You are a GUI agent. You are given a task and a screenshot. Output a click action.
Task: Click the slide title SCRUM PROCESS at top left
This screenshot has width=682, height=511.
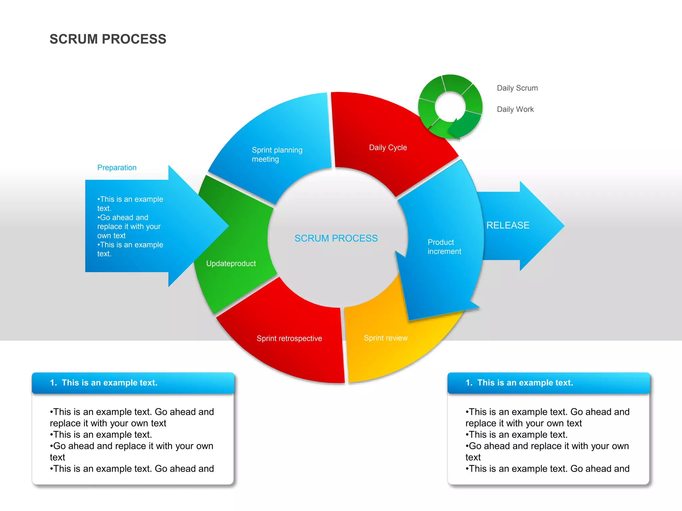tap(108, 39)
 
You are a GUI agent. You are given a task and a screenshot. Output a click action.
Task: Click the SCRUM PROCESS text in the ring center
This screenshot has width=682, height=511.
tap(336, 238)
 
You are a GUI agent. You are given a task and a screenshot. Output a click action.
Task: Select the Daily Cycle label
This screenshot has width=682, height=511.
tap(388, 147)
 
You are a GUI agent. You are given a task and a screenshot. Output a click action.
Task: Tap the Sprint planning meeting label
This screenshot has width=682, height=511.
tap(277, 154)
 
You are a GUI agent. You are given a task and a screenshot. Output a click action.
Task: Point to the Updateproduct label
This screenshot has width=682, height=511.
tap(231, 263)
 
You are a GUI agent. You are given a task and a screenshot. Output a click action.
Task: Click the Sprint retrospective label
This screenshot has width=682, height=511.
tap(289, 338)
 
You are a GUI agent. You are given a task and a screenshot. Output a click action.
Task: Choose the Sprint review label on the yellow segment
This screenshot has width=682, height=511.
tap(385, 338)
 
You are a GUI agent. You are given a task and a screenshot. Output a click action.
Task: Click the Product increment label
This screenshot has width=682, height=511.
tap(444, 247)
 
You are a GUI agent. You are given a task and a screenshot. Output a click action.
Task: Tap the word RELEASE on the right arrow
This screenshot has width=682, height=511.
tap(508, 225)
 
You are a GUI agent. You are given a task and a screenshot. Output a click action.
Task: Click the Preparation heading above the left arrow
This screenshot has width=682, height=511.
tap(117, 168)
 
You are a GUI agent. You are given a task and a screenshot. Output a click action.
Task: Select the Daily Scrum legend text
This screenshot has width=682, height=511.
tap(517, 88)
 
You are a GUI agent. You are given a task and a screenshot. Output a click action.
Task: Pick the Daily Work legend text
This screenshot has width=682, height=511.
tap(515, 109)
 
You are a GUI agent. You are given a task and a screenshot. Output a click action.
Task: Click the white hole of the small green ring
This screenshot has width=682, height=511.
tap(450, 107)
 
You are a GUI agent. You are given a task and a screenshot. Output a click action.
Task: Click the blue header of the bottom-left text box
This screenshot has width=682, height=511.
tap(133, 383)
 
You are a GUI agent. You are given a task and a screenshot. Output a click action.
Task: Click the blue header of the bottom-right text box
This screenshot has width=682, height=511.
tap(548, 383)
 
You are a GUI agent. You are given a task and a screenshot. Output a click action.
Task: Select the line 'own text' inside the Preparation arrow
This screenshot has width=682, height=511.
tap(111, 236)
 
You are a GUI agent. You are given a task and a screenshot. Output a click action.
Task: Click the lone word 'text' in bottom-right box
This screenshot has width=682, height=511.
tap(473, 457)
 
